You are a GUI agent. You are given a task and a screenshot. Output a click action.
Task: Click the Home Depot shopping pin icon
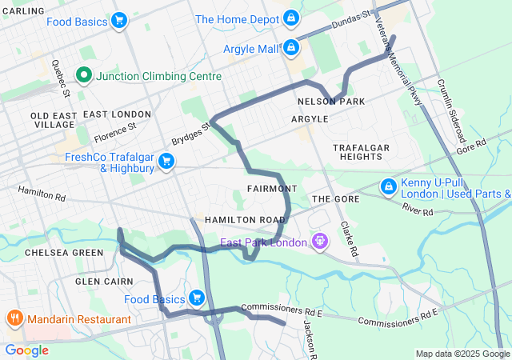coord(290,18)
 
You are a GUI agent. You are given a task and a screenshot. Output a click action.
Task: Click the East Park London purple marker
coord(321,241)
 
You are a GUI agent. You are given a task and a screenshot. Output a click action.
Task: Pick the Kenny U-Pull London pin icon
coord(388,186)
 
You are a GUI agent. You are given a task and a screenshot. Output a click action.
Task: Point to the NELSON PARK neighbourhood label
coord(330,102)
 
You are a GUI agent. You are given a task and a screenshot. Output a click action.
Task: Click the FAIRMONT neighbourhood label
coord(273,189)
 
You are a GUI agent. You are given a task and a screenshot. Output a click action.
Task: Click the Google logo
coord(26,350)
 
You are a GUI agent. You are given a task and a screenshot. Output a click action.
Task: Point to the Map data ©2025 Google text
coord(462,354)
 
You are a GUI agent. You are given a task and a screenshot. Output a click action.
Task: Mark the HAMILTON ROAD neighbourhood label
coord(245,219)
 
